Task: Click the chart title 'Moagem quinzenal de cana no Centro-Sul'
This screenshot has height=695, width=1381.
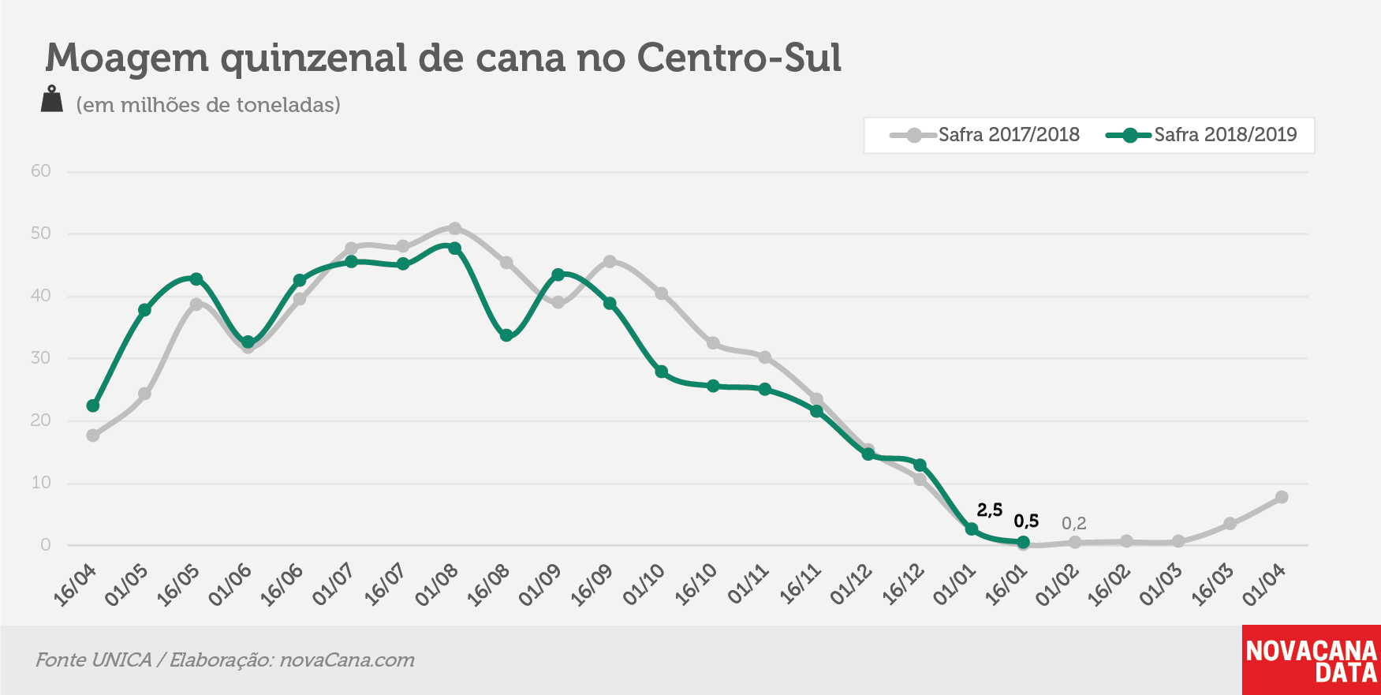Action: (x=443, y=58)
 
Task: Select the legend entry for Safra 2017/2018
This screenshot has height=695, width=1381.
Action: (x=985, y=135)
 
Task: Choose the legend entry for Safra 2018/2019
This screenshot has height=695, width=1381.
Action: (x=1201, y=135)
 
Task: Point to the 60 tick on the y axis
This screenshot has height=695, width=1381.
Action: (x=41, y=171)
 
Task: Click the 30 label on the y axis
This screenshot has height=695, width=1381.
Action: (x=41, y=358)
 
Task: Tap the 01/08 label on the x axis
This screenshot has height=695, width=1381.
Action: (x=436, y=585)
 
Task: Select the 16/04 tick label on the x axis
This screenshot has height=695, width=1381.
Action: (x=74, y=585)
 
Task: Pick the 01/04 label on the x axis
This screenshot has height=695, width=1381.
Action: (x=1263, y=585)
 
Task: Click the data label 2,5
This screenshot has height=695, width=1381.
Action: (x=990, y=510)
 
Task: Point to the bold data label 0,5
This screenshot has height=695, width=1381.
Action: (x=1026, y=521)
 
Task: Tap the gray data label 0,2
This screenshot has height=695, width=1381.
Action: (x=1074, y=523)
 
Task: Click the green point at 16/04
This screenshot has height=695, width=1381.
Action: (x=93, y=405)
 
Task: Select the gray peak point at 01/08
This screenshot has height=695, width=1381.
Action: (x=454, y=229)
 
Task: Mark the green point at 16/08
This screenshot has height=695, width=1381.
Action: (x=506, y=335)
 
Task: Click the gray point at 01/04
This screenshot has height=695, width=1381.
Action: (x=1282, y=497)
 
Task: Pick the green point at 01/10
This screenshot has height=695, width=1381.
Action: (x=662, y=372)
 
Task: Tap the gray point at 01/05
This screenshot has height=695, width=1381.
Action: (x=144, y=394)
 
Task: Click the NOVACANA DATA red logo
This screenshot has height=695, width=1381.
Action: (x=1312, y=660)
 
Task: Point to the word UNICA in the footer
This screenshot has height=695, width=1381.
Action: (x=121, y=660)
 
